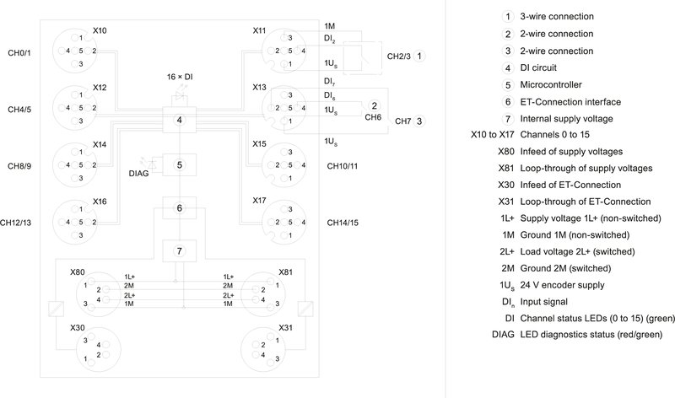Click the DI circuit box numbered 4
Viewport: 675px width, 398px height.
click(x=179, y=121)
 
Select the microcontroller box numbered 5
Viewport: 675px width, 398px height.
click(x=179, y=164)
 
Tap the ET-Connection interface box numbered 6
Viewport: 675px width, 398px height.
click(x=179, y=207)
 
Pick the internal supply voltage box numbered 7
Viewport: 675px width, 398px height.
click(x=179, y=250)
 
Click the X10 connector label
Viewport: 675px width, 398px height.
click(x=100, y=31)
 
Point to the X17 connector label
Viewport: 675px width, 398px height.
click(x=260, y=201)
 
